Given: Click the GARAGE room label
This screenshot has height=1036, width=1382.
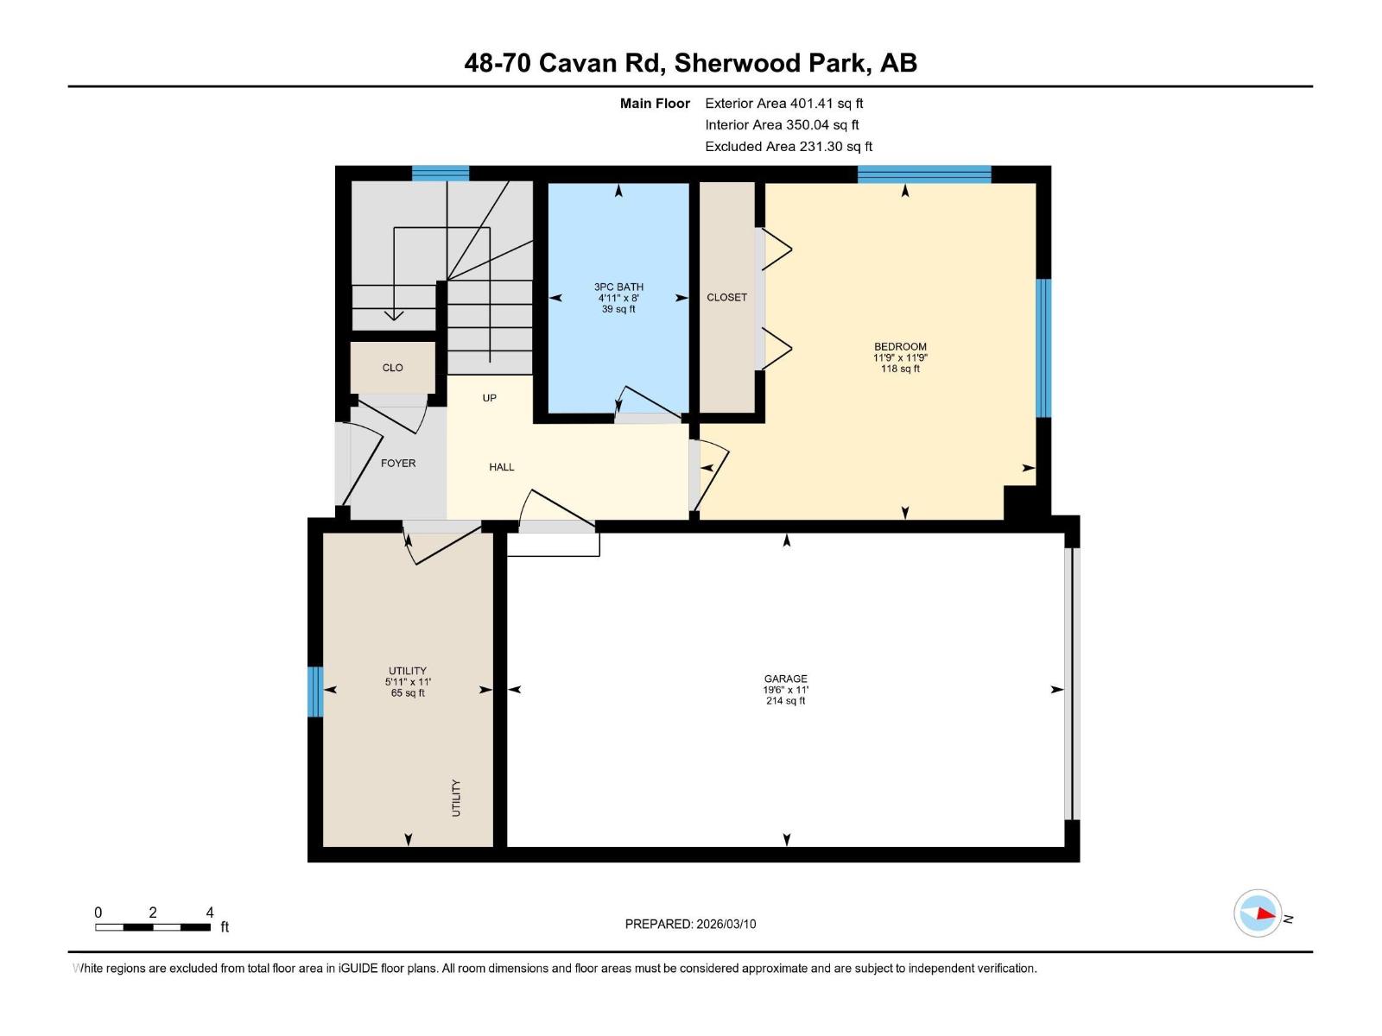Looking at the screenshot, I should [x=785, y=679].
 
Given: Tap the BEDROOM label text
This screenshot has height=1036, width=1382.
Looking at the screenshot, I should [x=900, y=347].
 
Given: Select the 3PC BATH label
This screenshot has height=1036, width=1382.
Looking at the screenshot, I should [x=618, y=287].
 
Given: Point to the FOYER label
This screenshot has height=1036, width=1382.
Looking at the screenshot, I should [x=398, y=464].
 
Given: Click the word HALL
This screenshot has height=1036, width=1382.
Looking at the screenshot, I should [x=502, y=467].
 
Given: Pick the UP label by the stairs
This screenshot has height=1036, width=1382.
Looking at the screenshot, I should [x=490, y=398].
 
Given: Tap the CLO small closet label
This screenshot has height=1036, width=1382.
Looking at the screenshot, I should [x=393, y=368].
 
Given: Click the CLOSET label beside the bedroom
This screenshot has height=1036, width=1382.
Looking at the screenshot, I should [x=726, y=297].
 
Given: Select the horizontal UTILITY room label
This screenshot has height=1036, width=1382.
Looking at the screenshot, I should [x=408, y=671].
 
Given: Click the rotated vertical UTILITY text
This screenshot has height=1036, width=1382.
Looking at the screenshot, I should [x=456, y=798].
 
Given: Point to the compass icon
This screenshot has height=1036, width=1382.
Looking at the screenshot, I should [x=1258, y=913].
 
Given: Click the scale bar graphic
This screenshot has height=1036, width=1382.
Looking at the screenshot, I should [x=153, y=927].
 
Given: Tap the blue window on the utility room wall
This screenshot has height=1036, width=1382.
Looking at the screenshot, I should [x=315, y=692].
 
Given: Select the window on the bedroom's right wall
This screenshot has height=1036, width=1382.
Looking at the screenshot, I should [x=1043, y=348].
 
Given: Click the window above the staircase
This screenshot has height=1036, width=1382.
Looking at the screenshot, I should [x=441, y=174].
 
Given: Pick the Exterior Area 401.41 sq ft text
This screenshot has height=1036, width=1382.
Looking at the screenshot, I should [x=783, y=104].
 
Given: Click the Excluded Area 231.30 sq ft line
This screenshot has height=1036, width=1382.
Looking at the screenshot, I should [x=789, y=147].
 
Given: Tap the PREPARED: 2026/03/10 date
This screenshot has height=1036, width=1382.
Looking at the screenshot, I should [x=690, y=924].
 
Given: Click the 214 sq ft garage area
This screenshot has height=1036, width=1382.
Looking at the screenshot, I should [x=785, y=701].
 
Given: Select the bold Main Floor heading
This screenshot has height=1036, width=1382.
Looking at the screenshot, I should [x=655, y=104].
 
